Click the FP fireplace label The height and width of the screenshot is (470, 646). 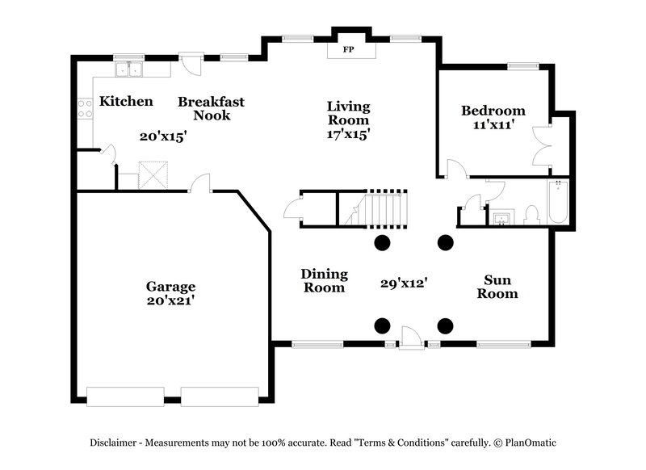pyautogui.click(x=350, y=50)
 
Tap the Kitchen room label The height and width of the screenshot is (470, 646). pyautogui.click(x=126, y=102)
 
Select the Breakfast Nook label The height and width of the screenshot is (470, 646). pyautogui.click(x=211, y=108)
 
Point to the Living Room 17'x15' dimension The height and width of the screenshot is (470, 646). pyautogui.click(x=348, y=135)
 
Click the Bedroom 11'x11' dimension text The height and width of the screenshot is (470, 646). pyautogui.click(x=493, y=125)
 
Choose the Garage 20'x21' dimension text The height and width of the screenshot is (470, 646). pyautogui.click(x=170, y=300)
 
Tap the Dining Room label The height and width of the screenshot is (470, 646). pyautogui.click(x=324, y=280)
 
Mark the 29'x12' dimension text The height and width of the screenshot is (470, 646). pyautogui.click(x=403, y=283)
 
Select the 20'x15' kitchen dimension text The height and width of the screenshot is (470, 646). pyautogui.click(x=163, y=136)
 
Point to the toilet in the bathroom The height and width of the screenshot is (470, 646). pyautogui.click(x=531, y=214)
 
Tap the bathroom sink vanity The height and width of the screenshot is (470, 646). pyautogui.click(x=502, y=216)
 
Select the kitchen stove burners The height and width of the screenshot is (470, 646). pyautogui.click(x=84, y=108)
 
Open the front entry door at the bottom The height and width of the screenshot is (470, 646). pyautogui.click(x=412, y=338)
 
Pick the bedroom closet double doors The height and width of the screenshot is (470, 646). pyautogui.click(x=542, y=146)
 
